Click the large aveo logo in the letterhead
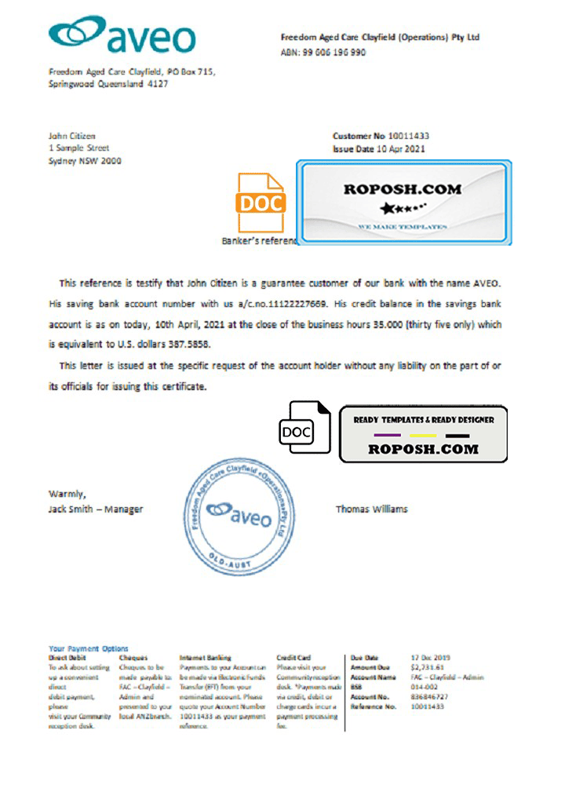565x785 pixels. (x=122, y=35)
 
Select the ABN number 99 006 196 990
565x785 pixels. (x=334, y=53)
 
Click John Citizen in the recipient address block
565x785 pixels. (x=71, y=136)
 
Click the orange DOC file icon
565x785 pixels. (x=261, y=203)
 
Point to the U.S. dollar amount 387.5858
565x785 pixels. (x=190, y=345)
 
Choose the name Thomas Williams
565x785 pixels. (x=371, y=509)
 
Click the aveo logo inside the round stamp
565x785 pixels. (x=239, y=516)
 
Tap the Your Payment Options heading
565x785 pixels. (x=88, y=648)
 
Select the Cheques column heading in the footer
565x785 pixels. (x=133, y=657)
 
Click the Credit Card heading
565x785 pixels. (x=294, y=657)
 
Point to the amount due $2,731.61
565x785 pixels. (x=426, y=666)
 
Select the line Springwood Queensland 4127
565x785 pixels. (x=108, y=83)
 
